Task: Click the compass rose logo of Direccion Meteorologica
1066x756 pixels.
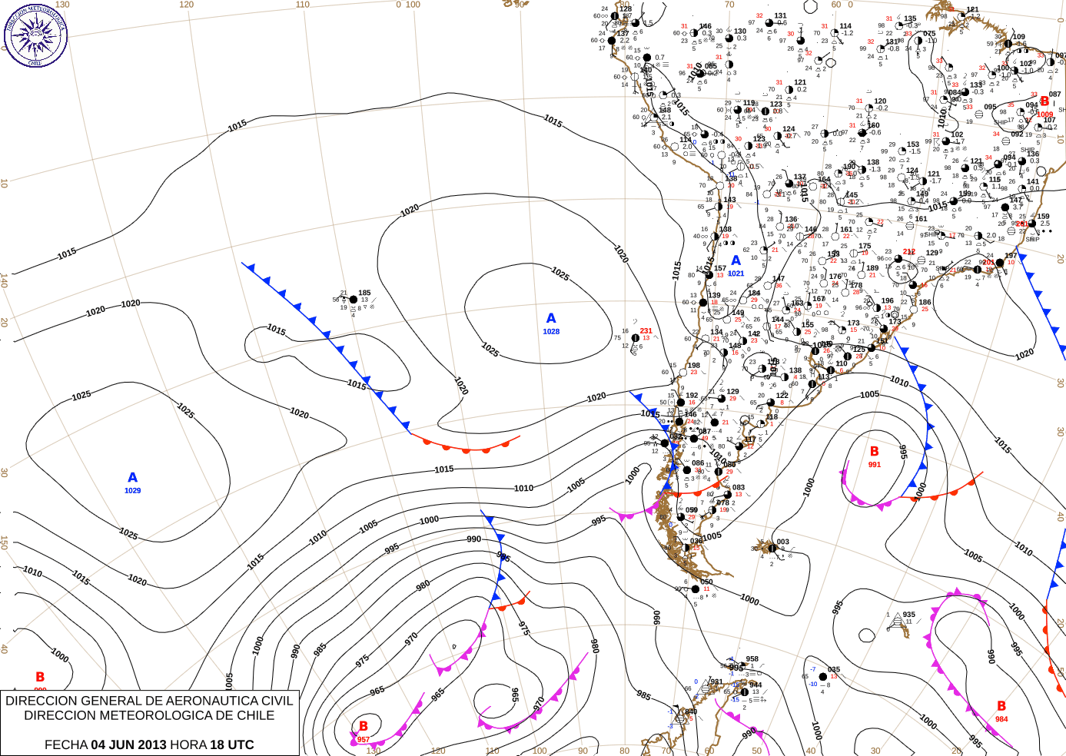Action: [35, 35]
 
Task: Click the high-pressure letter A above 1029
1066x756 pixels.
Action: [132, 478]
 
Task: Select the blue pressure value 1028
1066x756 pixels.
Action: [551, 332]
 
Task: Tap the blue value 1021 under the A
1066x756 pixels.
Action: [736, 274]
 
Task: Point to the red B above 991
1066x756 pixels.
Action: [874, 452]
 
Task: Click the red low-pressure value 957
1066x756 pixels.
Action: [364, 740]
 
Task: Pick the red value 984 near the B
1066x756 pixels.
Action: [1001, 719]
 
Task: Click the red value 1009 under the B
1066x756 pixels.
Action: [1045, 114]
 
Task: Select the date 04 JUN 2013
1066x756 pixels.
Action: [128, 744]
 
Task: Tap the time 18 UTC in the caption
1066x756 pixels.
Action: [231, 744]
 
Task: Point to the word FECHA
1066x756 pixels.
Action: [66, 744]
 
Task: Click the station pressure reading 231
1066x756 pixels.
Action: [646, 331]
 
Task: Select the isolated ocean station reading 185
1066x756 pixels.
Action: [364, 293]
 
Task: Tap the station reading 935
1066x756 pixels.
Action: [909, 615]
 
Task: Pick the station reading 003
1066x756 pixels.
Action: [782, 542]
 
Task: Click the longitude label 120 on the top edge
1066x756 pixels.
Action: [187, 5]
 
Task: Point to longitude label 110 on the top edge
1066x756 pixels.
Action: [303, 5]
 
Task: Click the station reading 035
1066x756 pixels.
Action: [834, 669]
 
